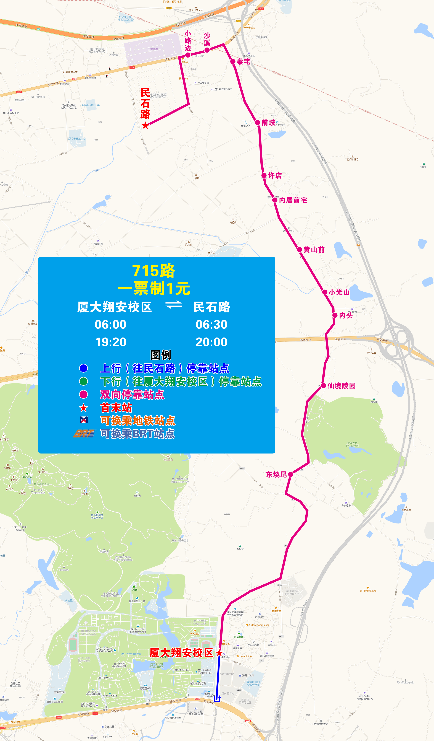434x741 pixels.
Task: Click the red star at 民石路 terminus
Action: pyautogui.click(x=145, y=126)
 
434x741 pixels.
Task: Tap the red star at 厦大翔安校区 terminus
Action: pyautogui.click(x=219, y=653)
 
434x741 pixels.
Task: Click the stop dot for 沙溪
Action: pyautogui.click(x=207, y=50)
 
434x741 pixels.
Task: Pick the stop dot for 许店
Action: pyautogui.click(x=264, y=176)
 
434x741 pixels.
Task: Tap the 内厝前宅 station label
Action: pyautogui.click(x=293, y=200)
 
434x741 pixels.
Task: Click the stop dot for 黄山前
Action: pyautogui.click(x=300, y=250)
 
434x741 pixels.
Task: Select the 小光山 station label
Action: pyautogui.click(x=339, y=292)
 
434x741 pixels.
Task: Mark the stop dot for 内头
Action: pyautogui.click(x=335, y=315)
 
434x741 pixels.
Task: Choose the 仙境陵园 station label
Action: pyautogui.click(x=342, y=386)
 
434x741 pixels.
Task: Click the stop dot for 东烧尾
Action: pyautogui.click(x=291, y=474)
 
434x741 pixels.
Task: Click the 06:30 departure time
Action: pyautogui.click(x=211, y=325)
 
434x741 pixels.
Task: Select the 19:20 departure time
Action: pyautogui.click(x=111, y=342)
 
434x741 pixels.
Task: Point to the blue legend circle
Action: pyautogui.click(x=83, y=368)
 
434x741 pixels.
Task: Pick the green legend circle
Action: pyautogui.click(x=83, y=381)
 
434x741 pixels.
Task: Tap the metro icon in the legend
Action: pyautogui.click(x=84, y=420)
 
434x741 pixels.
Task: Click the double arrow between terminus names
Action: pyautogui.click(x=174, y=305)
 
